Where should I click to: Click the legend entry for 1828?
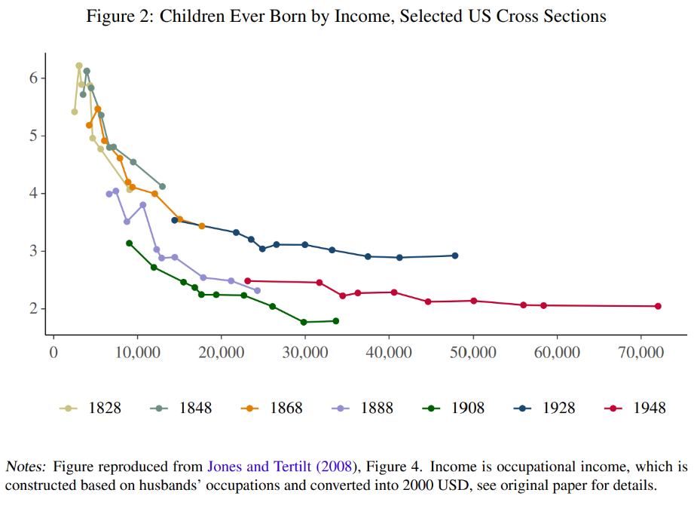pyautogui.click(x=90, y=408)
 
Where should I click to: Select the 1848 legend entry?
pyautogui.click(x=181, y=408)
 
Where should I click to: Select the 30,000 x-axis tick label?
pyautogui.click(x=304, y=352)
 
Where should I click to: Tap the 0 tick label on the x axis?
pyautogui.click(x=53, y=352)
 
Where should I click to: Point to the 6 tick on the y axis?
pyautogui.click(x=34, y=78)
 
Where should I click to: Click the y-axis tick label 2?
pyautogui.click(x=34, y=309)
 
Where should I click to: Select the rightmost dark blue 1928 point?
pyautogui.click(x=455, y=256)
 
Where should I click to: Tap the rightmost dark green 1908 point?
pyautogui.click(x=336, y=321)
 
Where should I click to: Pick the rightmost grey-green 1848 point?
pyautogui.click(x=162, y=186)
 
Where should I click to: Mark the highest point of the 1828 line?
pyautogui.click(x=78, y=66)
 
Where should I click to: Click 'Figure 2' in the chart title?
pyautogui.click(x=119, y=16)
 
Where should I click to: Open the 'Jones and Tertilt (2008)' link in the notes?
pyautogui.click(x=280, y=467)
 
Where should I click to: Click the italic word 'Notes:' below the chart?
pyautogui.click(x=27, y=467)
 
